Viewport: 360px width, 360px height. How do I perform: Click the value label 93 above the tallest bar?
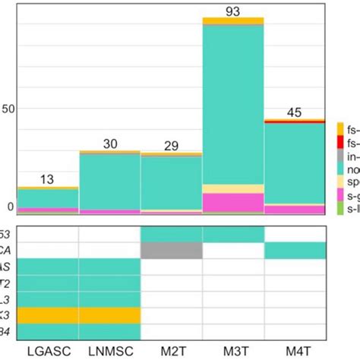click(x=233, y=11)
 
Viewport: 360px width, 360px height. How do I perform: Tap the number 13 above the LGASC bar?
click(x=47, y=179)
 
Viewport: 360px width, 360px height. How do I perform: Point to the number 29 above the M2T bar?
click(x=172, y=145)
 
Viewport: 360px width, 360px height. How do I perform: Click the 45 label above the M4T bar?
click(x=295, y=112)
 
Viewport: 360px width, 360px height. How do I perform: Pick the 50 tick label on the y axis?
click(x=8, y=109)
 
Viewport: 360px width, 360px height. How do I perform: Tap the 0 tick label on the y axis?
click(x=10, y=207)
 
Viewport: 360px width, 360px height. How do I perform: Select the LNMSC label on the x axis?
click(x=109, y=352)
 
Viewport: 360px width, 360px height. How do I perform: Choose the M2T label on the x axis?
click(x=172, y=352)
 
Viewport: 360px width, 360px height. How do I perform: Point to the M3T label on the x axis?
click(x=233, y=352)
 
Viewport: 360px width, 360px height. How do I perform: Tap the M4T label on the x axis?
click(x=295, y=352)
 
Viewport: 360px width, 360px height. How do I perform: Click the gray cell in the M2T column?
click(x=172, y=250)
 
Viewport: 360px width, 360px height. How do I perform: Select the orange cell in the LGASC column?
click(x=47, y=314)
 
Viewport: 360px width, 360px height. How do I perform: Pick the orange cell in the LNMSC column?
click(x=109, y=314)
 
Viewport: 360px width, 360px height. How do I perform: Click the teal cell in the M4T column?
click(x=295, y=250)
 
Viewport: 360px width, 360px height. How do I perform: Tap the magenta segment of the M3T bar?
click(x=233, y=202)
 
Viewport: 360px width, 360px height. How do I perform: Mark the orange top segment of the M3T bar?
click(x=233, y=21)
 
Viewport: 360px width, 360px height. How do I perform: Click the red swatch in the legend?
click(x=341, y=142)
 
